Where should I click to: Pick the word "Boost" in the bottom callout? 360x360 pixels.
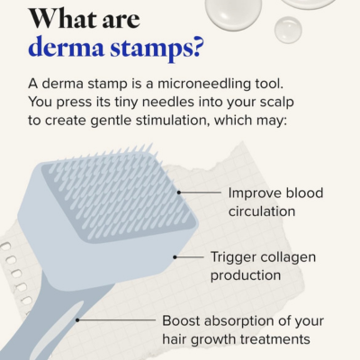182,319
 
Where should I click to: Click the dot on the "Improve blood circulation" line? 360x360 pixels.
179,192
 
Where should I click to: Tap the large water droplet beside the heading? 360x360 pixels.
232,11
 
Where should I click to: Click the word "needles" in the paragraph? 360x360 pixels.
179,102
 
